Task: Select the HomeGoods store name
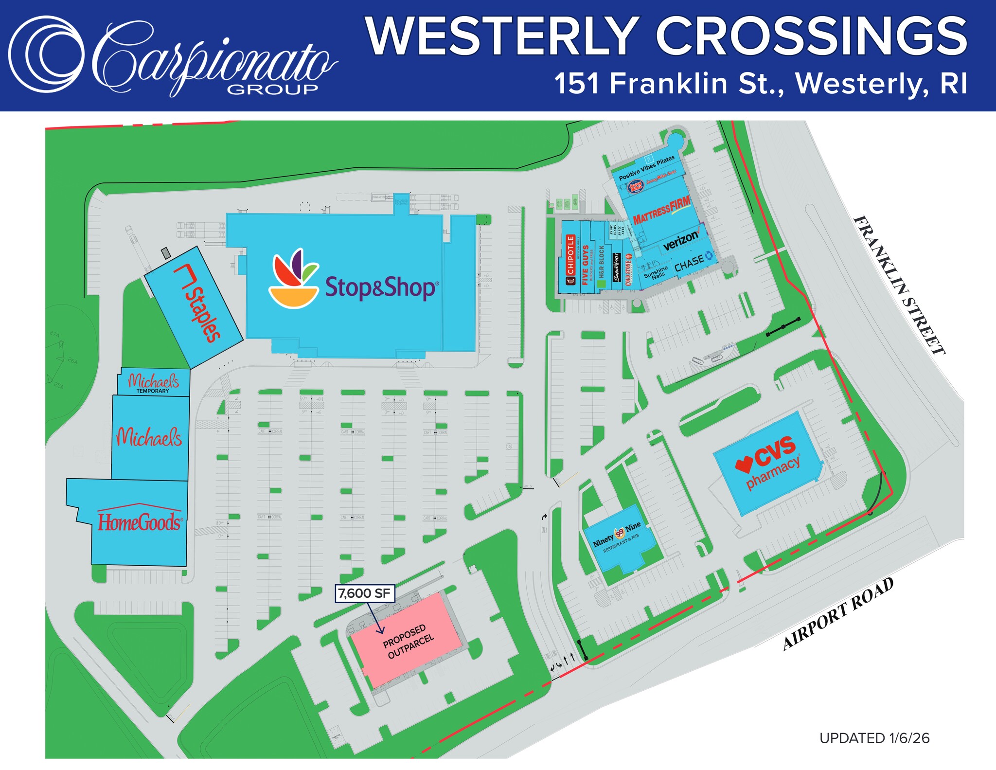(140, 522)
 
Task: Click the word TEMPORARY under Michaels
(153, 391)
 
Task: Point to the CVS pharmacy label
(772, 462)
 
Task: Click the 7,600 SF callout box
(364, 593)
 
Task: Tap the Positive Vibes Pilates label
(646, 167)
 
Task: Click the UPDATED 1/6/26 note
(874, 738)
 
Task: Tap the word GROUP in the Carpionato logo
(272, 89)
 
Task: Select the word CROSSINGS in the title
(811, 37)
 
